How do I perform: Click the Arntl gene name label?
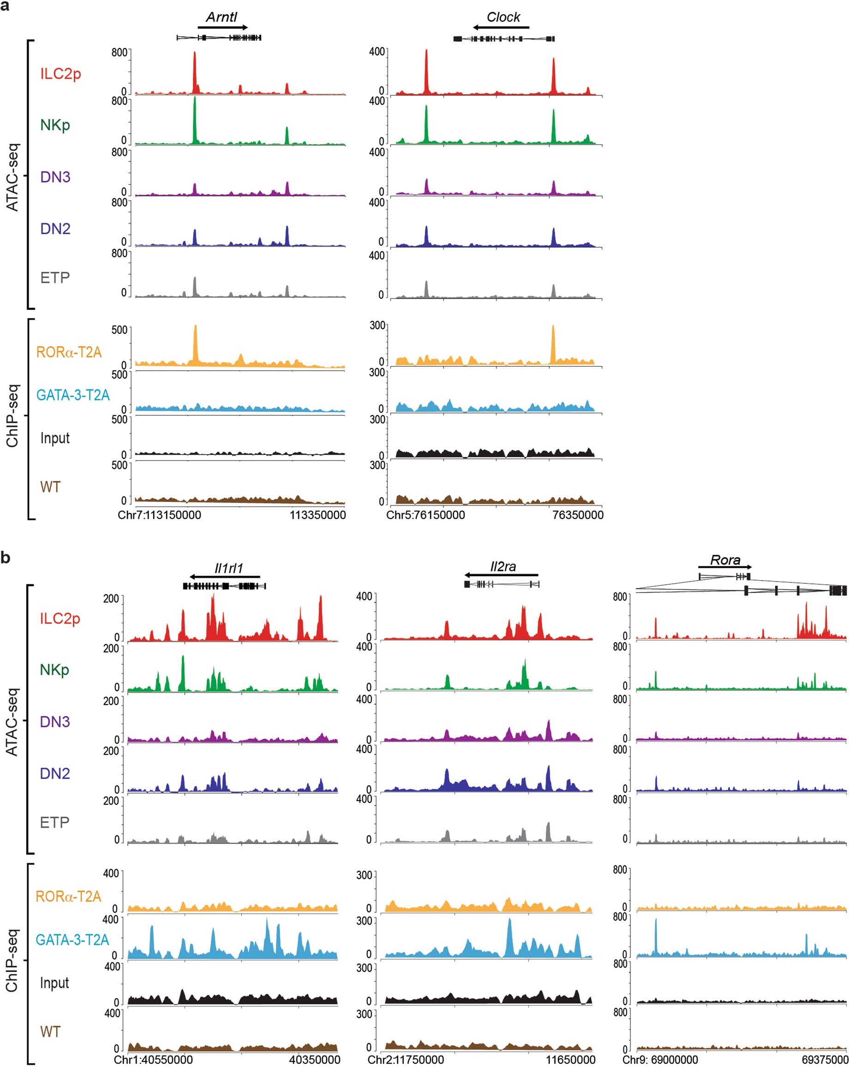[221, 17]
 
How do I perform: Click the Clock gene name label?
[503, 17]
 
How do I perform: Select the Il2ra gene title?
[503, 566]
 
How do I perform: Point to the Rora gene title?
[725, 560]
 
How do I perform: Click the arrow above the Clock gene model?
[500, 27]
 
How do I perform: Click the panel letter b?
[6, 558]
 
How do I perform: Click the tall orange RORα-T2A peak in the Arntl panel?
[195, 344]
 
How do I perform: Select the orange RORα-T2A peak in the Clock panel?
[553, 344]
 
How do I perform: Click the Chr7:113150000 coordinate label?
[159, 515]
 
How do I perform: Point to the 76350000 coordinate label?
[578, 515]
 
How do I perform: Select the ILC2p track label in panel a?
[60, 74]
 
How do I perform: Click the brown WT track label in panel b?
[50, 1032]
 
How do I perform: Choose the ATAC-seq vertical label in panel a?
[12, 177]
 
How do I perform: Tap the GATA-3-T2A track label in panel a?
[73, 395]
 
